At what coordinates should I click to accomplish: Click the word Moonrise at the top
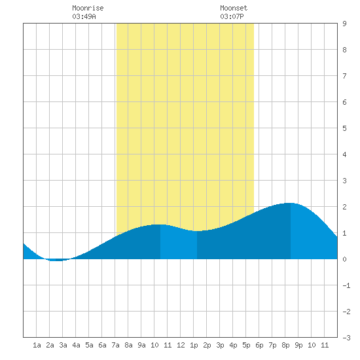tap(88, 8)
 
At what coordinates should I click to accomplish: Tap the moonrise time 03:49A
tap(84, 16)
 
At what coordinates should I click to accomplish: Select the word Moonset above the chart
tap(234, 8)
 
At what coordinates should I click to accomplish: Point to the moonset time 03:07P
tap(232, 16)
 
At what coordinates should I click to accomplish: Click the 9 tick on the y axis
tap(344, 24)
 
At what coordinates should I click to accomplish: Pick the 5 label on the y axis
tap(344, 128)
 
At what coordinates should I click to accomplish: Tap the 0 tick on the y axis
tap(344, 259)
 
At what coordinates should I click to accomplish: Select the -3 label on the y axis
tap(346, 338)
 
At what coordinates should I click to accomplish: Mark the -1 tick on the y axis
tap(346, 285)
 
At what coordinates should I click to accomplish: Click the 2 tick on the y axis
tap(344, 207)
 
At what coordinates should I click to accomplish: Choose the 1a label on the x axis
tap(37, 345)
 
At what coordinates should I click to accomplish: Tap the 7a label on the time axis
tap(115, 345)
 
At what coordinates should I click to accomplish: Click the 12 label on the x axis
tap(181, 345)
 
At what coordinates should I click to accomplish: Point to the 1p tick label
tap(194, 345)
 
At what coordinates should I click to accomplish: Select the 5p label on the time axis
tap(246, 345)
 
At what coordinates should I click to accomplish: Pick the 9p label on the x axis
tap(298, 345)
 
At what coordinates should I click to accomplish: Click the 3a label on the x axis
tap(63, 345)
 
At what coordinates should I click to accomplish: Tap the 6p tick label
tap(259, 345)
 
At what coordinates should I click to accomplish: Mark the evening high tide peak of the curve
tap(291, 203)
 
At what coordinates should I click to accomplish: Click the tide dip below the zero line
tap(56, 260)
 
